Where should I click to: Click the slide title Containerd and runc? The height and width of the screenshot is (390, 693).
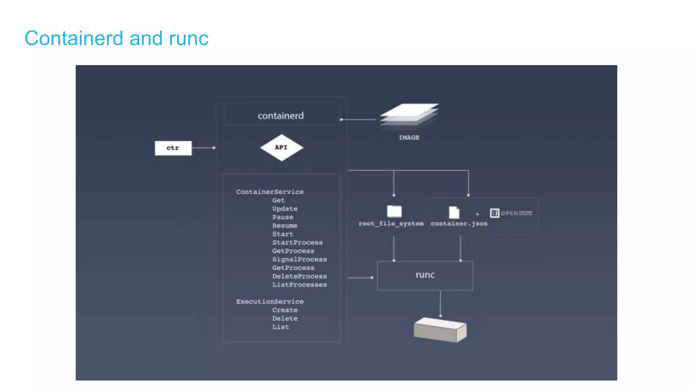[116, 38]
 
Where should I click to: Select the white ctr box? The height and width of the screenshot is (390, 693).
[173, 148]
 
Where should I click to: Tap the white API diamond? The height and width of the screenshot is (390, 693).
[281, 148]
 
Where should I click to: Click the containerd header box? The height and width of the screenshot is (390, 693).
[281, 115]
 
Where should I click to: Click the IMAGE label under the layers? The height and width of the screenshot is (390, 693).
[409, 137]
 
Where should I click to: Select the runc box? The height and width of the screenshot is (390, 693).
[425, 275]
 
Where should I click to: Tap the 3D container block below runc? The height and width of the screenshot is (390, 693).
[440, 330]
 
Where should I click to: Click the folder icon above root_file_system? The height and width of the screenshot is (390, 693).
[394, 211]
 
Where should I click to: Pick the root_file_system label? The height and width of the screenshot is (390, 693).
[391, 223]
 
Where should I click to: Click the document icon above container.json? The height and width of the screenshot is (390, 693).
[454, 212]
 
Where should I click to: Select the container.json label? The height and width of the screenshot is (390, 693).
[459, 223]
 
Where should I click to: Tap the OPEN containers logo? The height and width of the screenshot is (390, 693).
[511, 213]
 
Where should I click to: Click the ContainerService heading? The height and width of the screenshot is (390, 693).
[270, 192]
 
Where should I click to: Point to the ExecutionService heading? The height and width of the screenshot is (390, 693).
[270, 301]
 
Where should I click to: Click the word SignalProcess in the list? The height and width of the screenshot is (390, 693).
[299, 259]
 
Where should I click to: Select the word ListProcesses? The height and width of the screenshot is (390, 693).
[299, 285]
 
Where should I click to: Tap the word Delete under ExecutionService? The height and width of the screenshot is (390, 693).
[285, 318]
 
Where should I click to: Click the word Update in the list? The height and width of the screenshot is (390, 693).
[285, 209]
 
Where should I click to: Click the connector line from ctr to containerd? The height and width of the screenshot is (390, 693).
[202, 148]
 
